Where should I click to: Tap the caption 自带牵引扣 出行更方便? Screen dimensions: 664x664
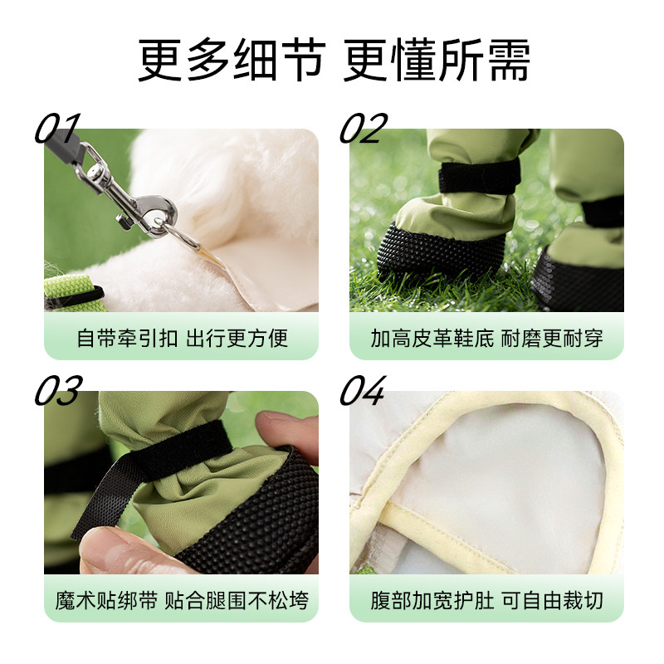pyautogui.click(x=181, y=339)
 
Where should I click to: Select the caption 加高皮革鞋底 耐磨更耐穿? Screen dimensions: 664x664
pyautogui.click(x=486, y=339)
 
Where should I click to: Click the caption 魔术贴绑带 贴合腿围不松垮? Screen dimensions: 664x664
pyautogui.click(x=181, y=600)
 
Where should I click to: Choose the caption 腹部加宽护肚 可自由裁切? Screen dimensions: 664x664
pyautogui.click(x=486, y=600)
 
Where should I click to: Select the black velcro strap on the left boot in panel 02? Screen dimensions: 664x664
pyautogui.click(x=479, y=176)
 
